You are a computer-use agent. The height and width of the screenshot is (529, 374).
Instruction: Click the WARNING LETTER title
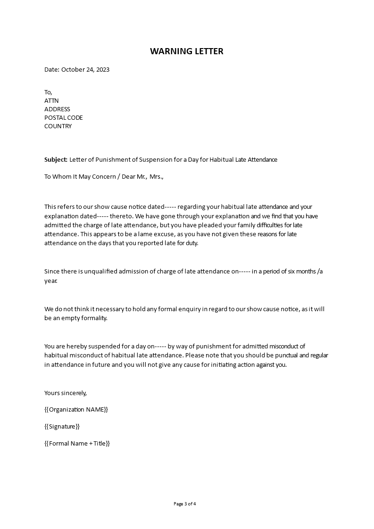[x=187, y=51]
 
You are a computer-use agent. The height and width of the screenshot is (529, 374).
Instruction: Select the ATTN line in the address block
[x=51, y=100]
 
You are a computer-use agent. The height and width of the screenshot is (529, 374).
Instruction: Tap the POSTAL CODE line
[x=63, y=117]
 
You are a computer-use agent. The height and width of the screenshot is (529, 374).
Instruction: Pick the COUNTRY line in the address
[x=58, y=126]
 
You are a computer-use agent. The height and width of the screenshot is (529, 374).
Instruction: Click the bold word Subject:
[x=56, y=159]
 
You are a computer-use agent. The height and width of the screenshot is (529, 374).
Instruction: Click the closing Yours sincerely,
[x=66, y=392]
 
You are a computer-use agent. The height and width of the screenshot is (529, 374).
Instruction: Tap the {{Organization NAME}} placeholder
[x=76, y=409]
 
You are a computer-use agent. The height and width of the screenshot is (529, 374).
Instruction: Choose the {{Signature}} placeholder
[x=62, y=426]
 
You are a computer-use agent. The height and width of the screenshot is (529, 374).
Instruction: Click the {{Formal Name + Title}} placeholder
[x=77, y=443]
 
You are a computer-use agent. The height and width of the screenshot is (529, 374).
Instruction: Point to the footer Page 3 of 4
[x=185, y=504]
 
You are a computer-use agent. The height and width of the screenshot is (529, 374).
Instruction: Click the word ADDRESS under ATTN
[x=57, y=109]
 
